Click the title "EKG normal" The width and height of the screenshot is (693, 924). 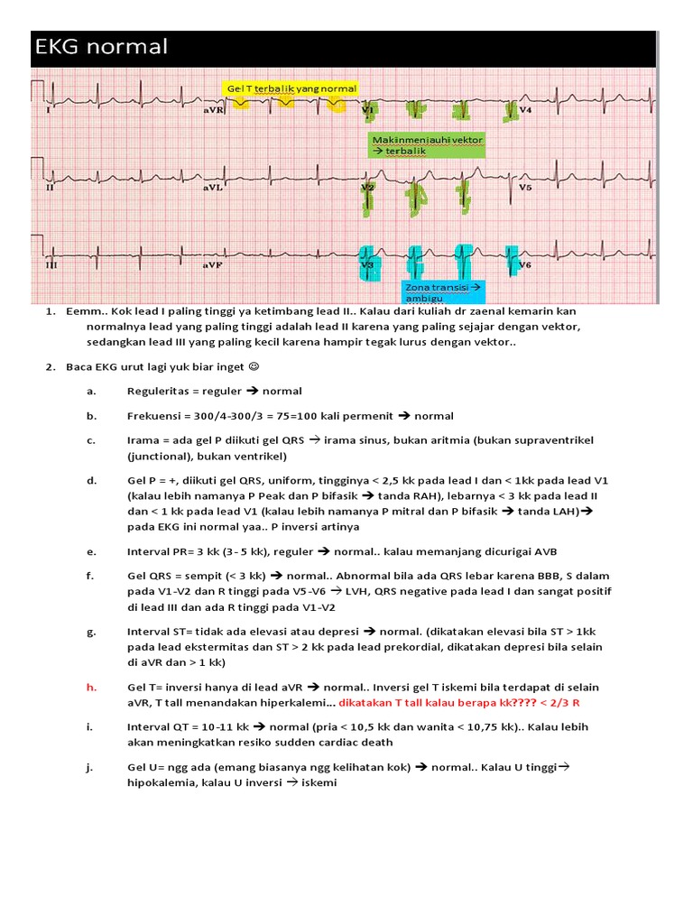click(x=101, y=47)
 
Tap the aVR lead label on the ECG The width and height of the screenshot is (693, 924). click(x=214, y=110)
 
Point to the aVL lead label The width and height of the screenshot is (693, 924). click(x=213, y=188)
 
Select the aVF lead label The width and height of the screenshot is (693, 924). click(x=213, y=266)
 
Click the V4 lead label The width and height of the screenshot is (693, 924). click(x=525, y=110)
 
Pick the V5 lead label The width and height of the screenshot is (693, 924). click(x=525, y=188)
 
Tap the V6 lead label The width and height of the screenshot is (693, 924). click(x=525, y=266)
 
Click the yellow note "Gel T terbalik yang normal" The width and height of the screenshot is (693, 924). click(x=292, y=88)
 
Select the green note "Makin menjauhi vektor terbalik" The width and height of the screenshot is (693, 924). click(x=427, y=145)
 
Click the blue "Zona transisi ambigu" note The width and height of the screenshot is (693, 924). click(x=442, y=291)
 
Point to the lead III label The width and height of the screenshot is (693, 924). click(x=51, y=266)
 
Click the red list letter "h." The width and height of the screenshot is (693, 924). click(x=91, y=688)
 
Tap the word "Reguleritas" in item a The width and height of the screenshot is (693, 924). click(x=159, y=391)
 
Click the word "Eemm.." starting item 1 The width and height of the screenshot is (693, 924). click(x=84, y=311)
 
